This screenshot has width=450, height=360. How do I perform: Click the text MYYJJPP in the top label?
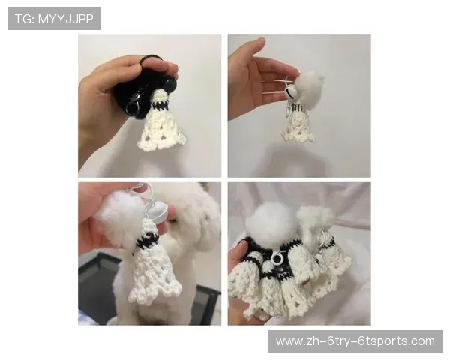click(x=66, y=19)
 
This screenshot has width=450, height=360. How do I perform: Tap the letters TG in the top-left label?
click(x=23, y=19)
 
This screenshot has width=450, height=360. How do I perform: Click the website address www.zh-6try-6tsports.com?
click(x=355, y=341)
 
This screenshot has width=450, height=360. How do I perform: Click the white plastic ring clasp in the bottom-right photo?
click(x=276, y=257)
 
